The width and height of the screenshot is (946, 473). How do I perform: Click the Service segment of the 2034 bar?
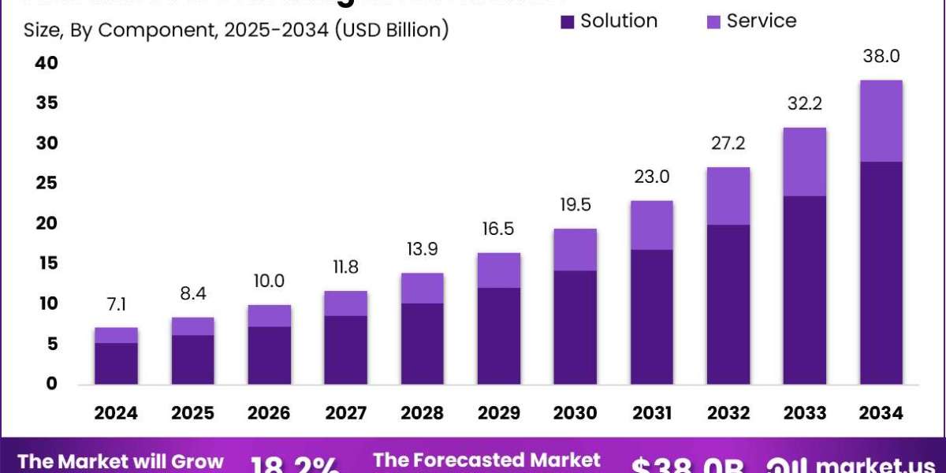click(881, 121)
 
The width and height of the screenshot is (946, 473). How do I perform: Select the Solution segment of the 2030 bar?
click(575, 327)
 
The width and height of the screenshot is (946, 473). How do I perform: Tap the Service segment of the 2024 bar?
click(116, 335)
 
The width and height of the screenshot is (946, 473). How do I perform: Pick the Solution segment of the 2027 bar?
click(345, 349)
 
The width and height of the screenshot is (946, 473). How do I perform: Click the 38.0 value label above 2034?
click(881, 57)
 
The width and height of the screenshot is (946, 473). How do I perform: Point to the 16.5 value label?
click(498, 229)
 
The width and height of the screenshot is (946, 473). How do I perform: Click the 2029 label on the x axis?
click(498, 413)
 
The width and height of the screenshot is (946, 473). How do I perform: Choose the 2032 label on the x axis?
click(728, 413)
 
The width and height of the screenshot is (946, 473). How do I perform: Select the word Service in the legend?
click(762, 21)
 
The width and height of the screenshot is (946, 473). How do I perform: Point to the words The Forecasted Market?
click(486, 460)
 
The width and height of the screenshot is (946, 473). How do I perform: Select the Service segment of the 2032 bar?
click(728, 196)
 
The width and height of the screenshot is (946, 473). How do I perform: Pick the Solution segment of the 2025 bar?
click(192, 359)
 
